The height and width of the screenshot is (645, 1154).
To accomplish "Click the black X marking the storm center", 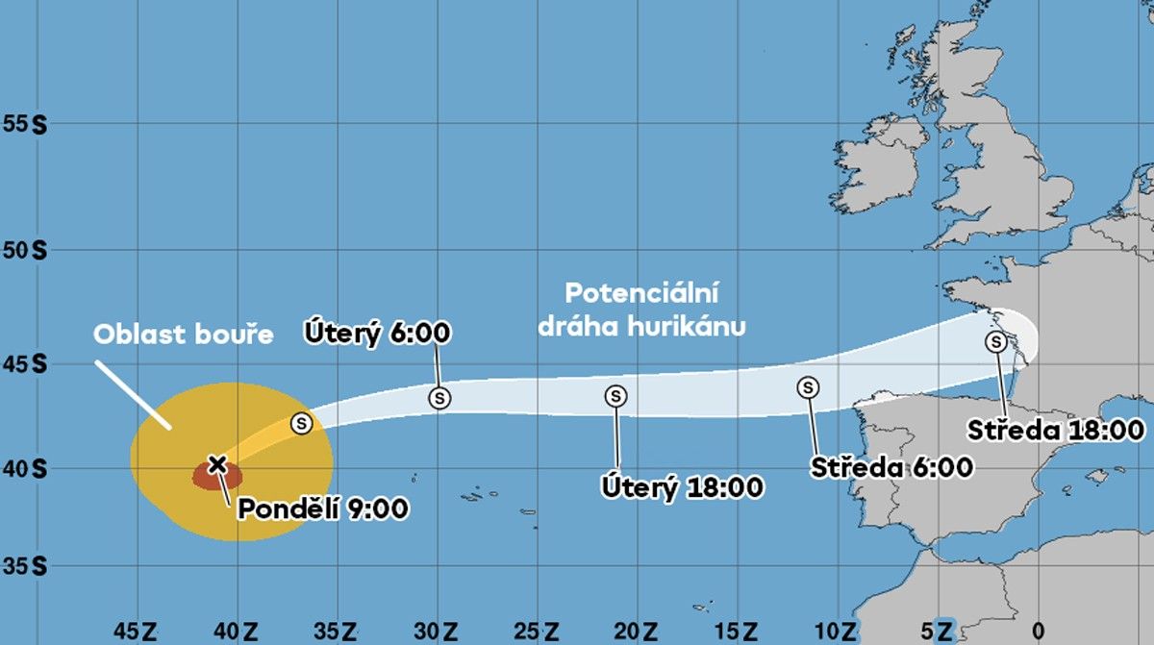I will [x=217, y=465].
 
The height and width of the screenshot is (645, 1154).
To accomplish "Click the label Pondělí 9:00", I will [x=322, y=508].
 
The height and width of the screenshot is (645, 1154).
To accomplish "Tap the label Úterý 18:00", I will [x=683, y=487].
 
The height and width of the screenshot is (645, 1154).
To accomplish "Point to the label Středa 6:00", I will [x=892, y=468].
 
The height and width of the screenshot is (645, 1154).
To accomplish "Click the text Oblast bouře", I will [x=184, y=335].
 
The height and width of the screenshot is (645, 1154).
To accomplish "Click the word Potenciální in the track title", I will [x=641, y=292].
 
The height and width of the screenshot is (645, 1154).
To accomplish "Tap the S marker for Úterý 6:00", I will [x=439, y=396].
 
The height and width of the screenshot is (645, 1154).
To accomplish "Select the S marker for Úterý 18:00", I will [x=616, y=396].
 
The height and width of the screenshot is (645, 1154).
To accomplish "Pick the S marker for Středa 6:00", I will [x=809, y=387].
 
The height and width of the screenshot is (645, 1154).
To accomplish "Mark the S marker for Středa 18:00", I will [x=996, y=341].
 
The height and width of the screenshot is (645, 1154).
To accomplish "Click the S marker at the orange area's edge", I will [x=302, y=423].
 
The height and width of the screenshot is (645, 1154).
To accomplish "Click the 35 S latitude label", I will [x=26, y=567].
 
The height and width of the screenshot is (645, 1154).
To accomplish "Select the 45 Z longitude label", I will [x=136, y=632].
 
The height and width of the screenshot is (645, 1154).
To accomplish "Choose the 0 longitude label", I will [x=1038, y=632].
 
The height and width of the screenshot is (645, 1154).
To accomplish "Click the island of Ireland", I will [x=890, y=159].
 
